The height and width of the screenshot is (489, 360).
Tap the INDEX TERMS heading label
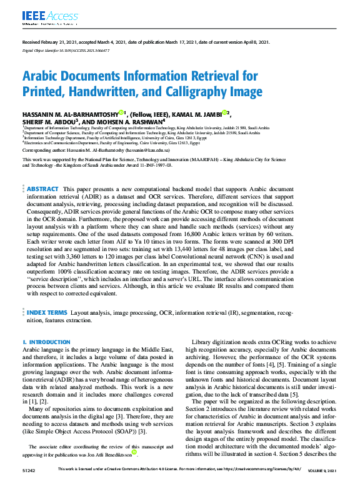point(47,310)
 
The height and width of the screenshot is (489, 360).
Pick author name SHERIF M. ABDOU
point(47,121)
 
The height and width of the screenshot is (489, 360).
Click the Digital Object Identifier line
point(66,50)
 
